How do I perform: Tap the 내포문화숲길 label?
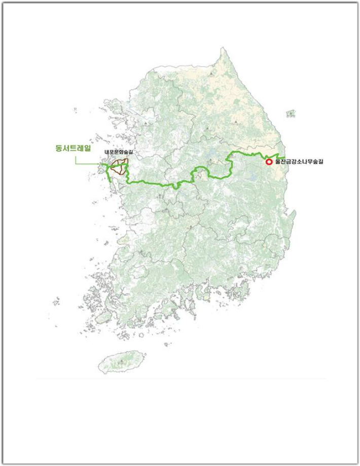click(118, 152)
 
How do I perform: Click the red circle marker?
click(269, 162)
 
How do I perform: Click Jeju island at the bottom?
click(122, 362)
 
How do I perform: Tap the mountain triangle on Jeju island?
click(121, 361)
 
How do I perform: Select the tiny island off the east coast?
click(291, 113)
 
